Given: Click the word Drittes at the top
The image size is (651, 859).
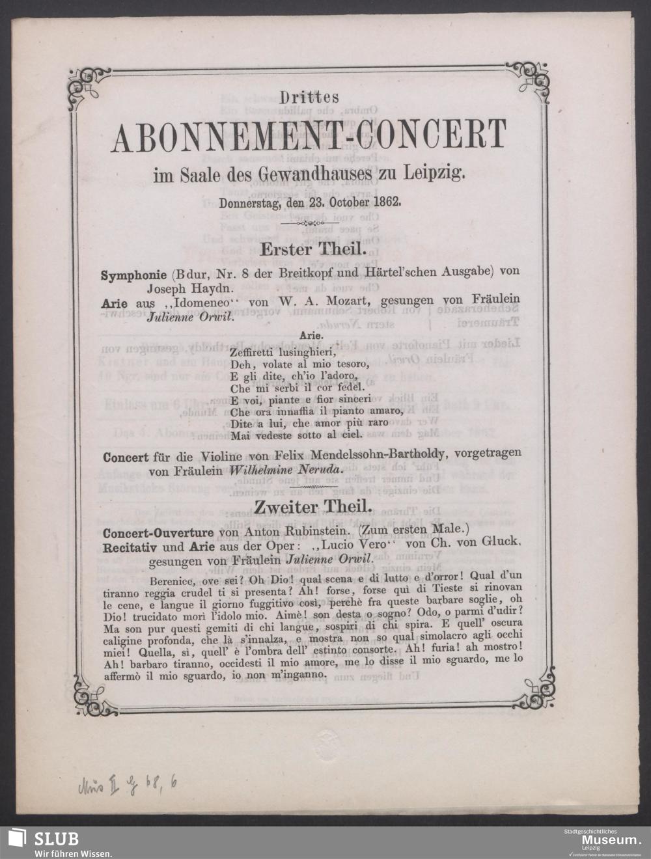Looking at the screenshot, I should coord(310,98).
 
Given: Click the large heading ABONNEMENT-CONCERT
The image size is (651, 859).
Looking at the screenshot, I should coord(310,135).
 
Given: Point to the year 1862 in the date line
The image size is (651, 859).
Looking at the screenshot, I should coord(387,201).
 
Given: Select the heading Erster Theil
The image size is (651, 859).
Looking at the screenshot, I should coord(309,249).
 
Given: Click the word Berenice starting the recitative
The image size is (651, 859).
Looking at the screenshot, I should coord(173,575).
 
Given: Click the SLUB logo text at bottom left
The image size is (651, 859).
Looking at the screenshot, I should coord(57,838).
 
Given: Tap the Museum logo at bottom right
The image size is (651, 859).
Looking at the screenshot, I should coord(603,840).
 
